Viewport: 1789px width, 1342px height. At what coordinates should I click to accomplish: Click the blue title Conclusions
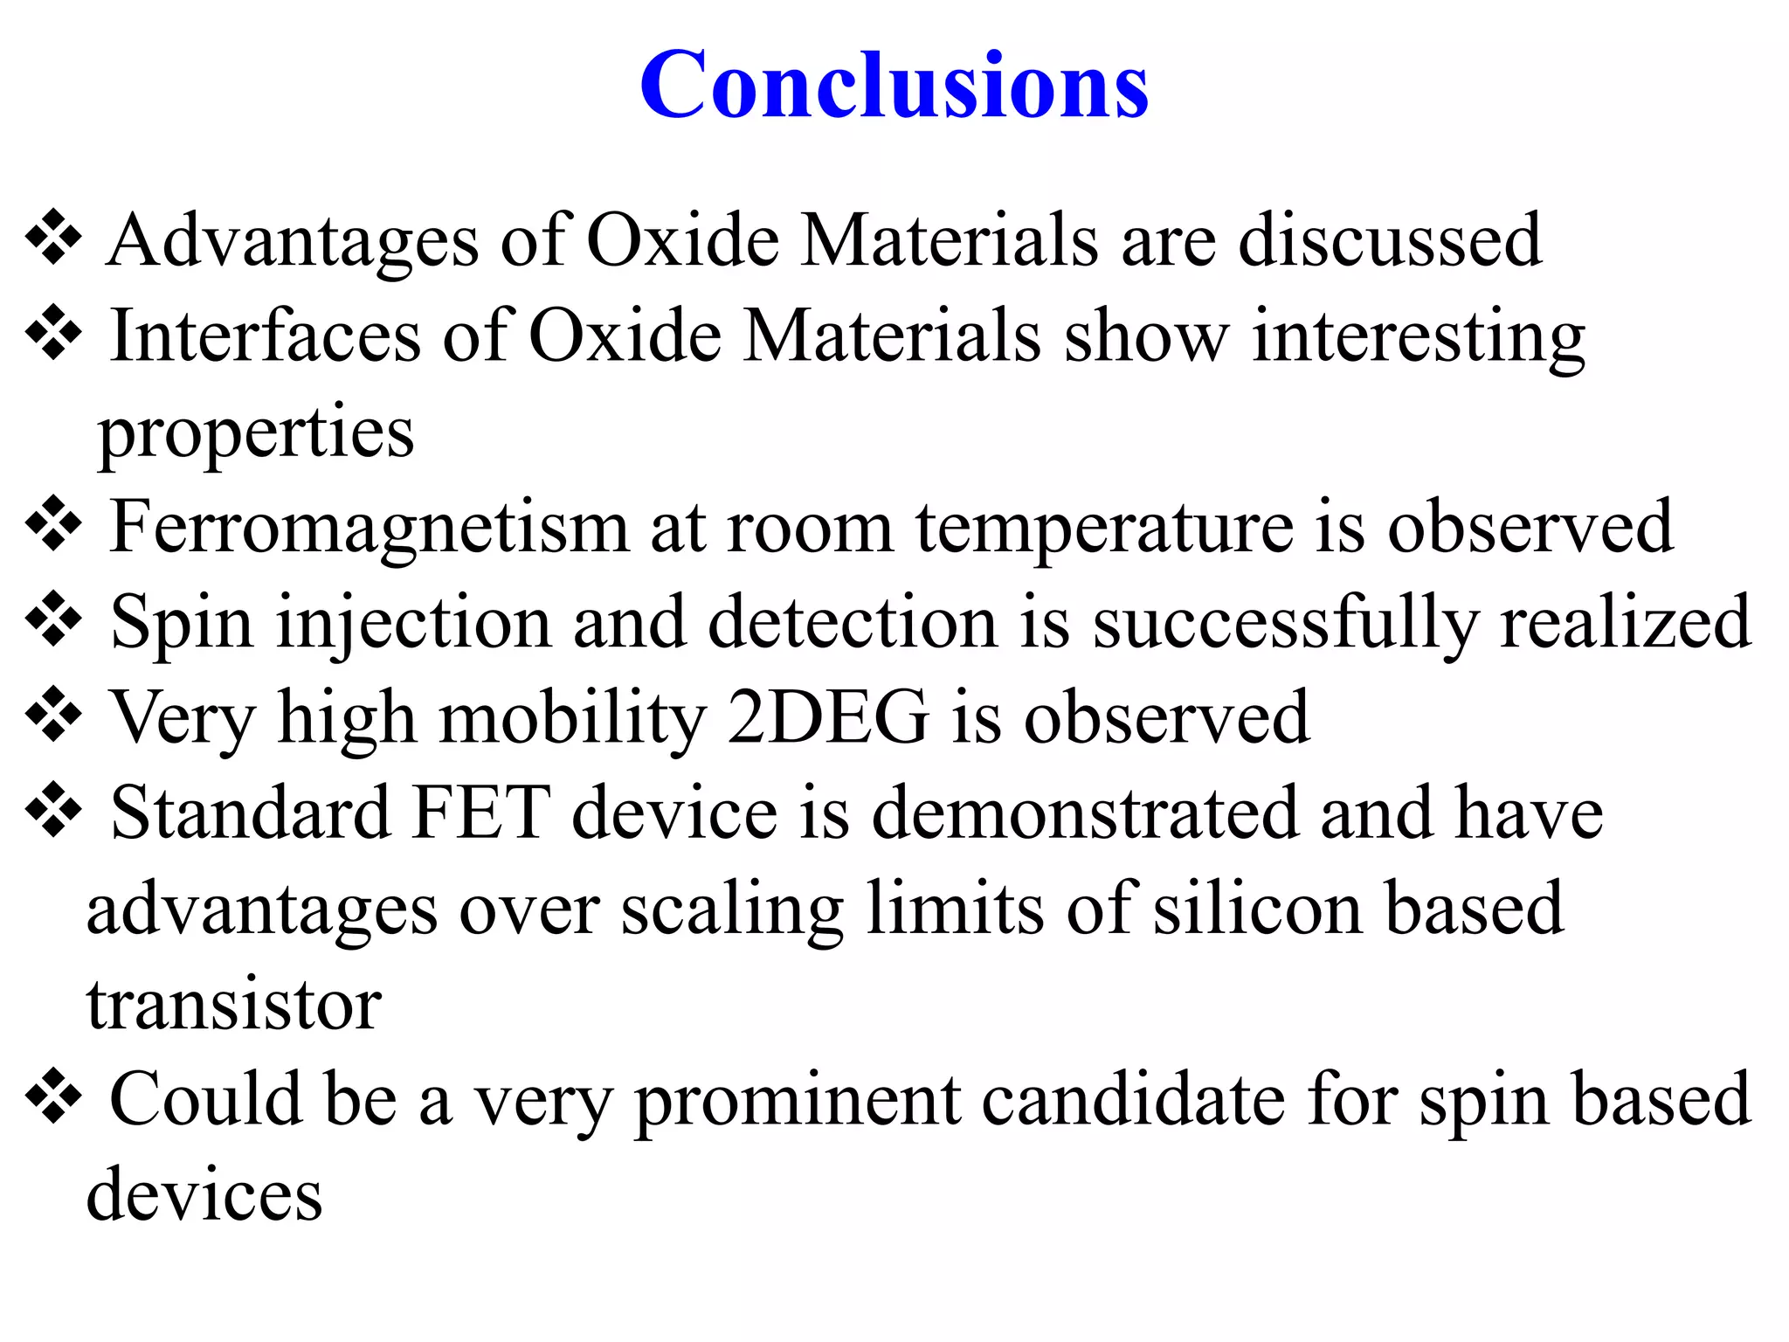pyautogui.click(x=894, y=85)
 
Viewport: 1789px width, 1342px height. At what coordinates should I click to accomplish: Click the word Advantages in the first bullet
pyautogui.click(x=293, y=241)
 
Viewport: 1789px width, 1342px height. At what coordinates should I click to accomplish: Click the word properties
pyautogui.click(x=256, y=434)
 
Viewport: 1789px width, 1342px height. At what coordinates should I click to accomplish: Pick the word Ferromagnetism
pyautogui.click(x=369, y=529)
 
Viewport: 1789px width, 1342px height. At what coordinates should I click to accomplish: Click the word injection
pyautogui.click(x=413, y=624)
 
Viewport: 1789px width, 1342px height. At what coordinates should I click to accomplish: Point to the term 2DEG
pyautogui.click(x=828, y=718)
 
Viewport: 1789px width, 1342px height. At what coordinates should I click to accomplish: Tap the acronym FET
pyautogui.click(x=481, y=813)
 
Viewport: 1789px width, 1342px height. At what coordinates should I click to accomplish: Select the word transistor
pyautogui.click(x=234, y=1005)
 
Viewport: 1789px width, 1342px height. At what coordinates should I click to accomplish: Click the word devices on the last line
pyautogui.click(x=204, y=1195)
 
